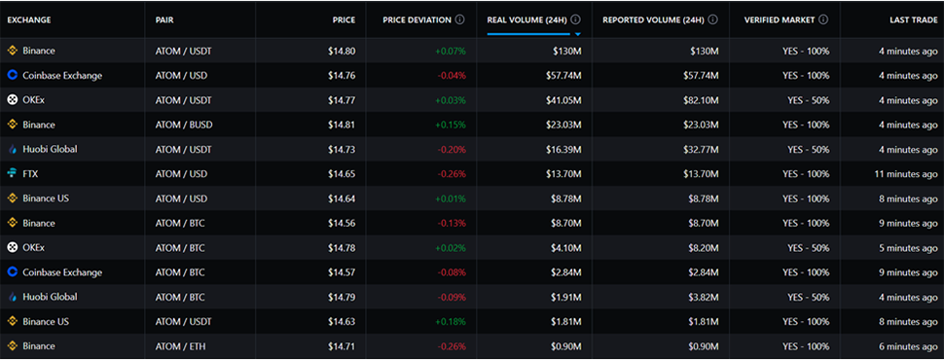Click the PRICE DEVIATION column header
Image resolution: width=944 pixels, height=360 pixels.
coord(417,19)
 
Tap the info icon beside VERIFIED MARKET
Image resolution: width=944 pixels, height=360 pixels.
coord(823,19)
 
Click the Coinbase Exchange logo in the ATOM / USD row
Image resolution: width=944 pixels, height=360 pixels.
coord(12,75)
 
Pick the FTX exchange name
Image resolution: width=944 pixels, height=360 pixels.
coord(31,174)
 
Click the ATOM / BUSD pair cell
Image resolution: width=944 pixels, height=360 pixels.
coord(184,125)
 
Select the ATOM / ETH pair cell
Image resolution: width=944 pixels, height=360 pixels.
coord(180,346)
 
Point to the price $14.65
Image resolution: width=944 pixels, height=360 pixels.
coord(342,174)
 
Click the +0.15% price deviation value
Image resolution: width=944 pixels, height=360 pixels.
coord(451,125)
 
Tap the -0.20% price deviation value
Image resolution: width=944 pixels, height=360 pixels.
coord(452,149)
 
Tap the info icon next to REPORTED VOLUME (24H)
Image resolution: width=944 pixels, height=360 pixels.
coord(712,19)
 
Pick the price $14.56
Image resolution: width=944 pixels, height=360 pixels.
coord(342,224)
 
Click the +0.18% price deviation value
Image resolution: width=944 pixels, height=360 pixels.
coord(451,321)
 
